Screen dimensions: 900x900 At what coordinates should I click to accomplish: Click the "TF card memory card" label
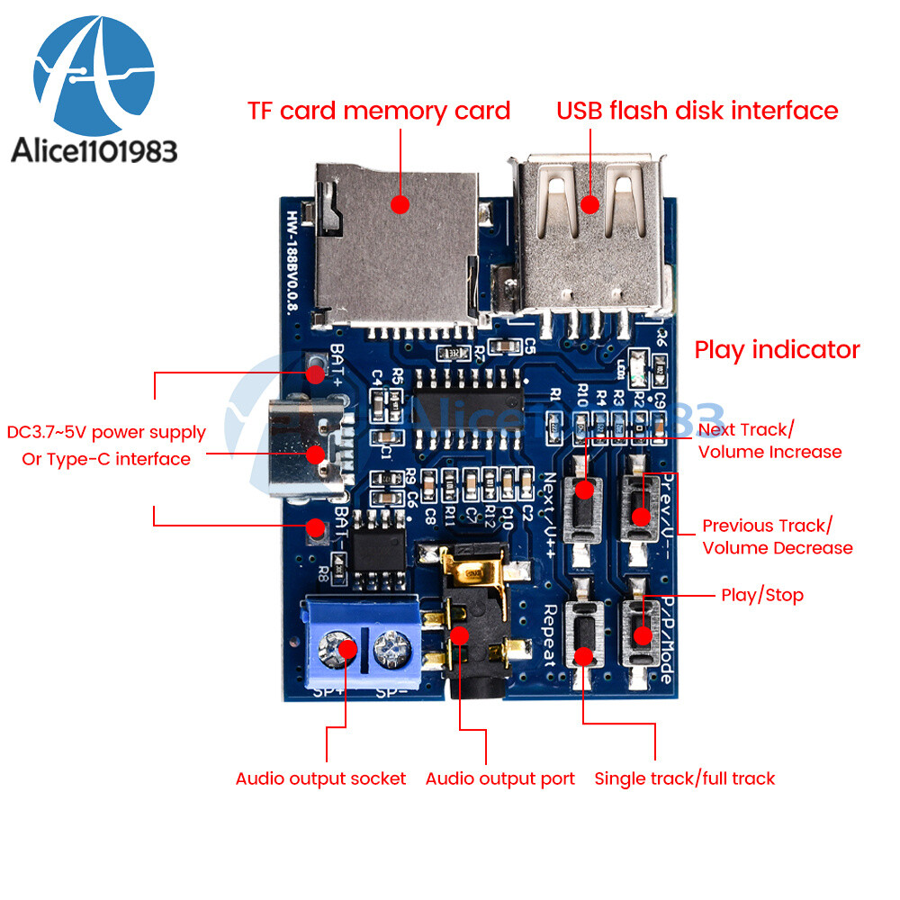point(379,112)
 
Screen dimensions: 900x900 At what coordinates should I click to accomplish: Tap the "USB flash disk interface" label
point(697,111)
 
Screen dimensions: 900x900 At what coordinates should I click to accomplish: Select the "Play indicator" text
point(777,350)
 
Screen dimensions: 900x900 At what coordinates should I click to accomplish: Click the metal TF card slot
point(396,243)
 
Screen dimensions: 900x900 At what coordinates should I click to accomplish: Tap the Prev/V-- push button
point(641,516)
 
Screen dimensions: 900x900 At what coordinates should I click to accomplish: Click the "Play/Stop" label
point(762,595)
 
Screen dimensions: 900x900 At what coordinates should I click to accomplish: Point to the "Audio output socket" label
point(320,778)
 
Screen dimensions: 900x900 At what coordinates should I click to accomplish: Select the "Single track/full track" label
point(684,778)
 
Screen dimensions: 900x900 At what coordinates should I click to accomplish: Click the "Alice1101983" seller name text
point(94,150)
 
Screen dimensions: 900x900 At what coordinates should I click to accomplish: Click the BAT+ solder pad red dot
point(315,372)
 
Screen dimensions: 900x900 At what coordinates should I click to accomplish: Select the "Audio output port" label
point(499,778)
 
